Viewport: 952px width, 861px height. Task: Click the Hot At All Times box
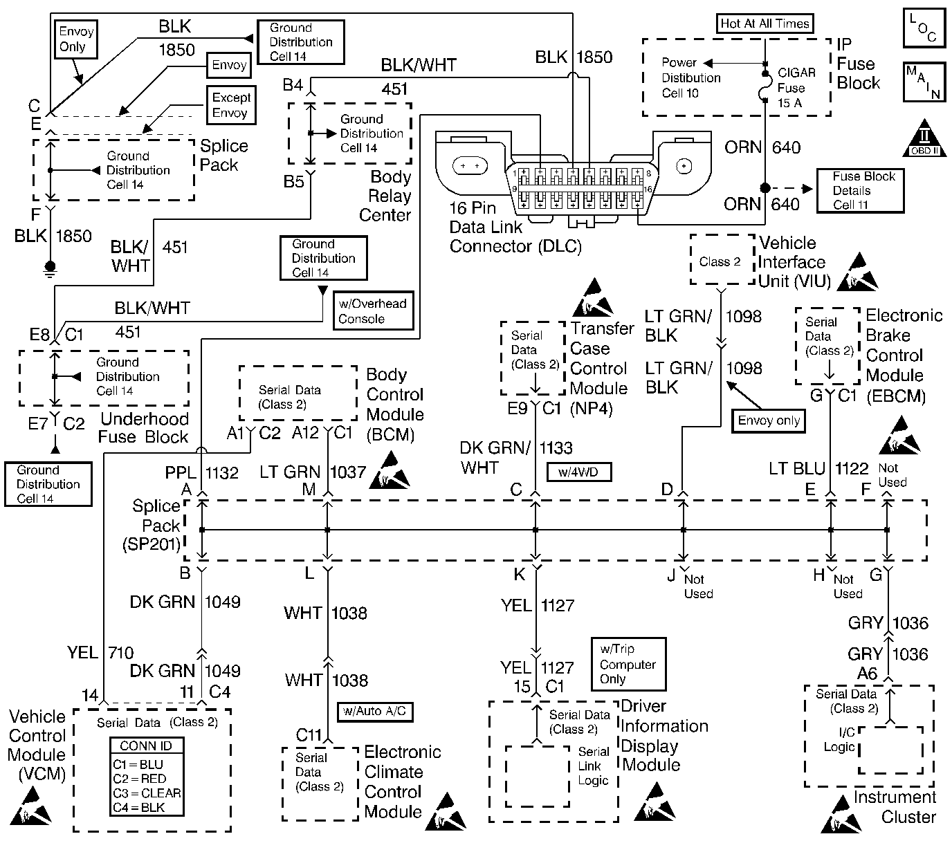(x=765, y=24)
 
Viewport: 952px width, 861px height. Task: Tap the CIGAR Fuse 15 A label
(x=796, y=88)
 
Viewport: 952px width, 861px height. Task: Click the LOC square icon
(x=924, y=28)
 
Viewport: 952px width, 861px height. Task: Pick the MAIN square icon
(x=924, y=82)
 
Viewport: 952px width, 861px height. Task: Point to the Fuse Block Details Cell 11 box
(x=860, y=190)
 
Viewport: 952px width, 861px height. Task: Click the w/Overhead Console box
(x=373, y=311)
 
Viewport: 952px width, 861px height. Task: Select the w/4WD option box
(x=579, y=472)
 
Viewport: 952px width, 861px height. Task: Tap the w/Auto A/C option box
(x=374, y=711)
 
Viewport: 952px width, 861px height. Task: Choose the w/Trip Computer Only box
(x=628, y=664)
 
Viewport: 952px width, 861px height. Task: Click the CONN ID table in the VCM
(x=147, y=777)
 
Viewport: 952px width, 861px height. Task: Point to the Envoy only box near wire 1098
(x=769, y=420)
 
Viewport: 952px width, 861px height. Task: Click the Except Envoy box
(x=230, y=105)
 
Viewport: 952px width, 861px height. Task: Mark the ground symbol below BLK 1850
(x=50, y=267)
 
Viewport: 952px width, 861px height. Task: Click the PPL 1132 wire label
(x=201, y=473)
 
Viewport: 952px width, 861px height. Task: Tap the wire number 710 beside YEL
(x=122, y=652)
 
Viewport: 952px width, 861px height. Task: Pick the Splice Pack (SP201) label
(x=156, y=526)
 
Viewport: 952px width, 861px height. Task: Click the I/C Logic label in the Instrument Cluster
(x=839, y=740)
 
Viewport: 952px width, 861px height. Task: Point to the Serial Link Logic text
(x=593, y=766)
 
